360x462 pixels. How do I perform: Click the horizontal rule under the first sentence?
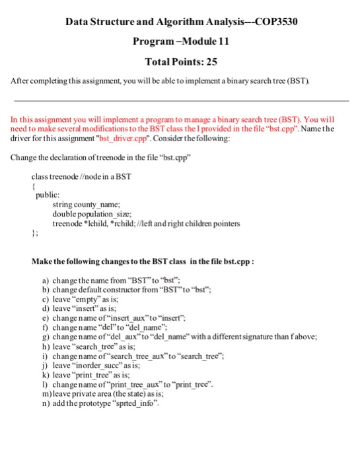(x=180, y=101)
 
